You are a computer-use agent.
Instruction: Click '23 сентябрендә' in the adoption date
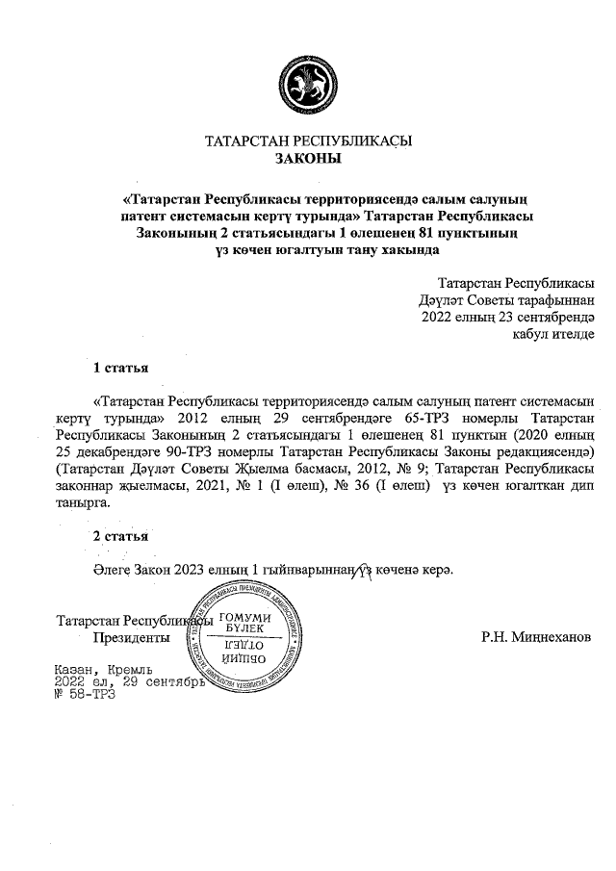[545, 317]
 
